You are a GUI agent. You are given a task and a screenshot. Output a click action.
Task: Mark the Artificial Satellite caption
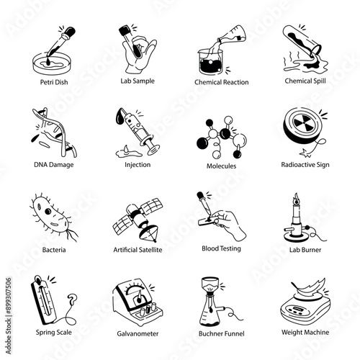tap(138, 249)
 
